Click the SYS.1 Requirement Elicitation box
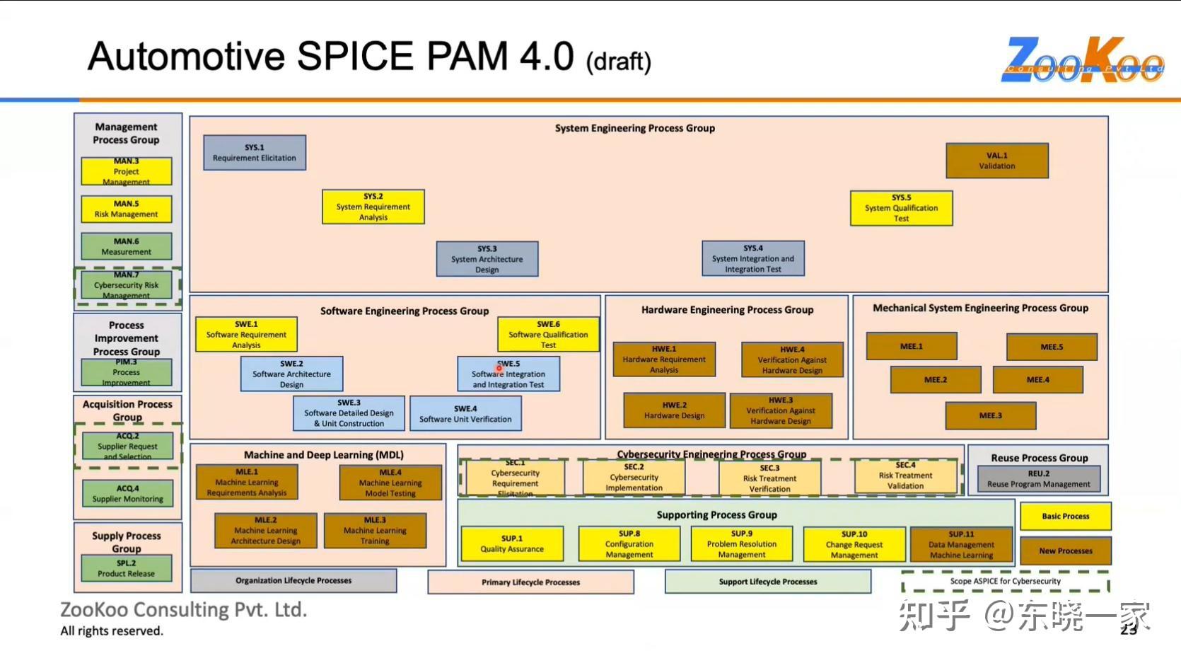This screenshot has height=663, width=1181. click(255, 153)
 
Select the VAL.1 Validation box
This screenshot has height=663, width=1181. click(997, 161)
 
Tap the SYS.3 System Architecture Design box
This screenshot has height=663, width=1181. click(487, 259)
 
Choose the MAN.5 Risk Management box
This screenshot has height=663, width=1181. click(127, 209)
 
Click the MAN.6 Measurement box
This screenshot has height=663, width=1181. click(127, 246)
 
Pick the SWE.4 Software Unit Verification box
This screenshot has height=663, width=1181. click(465, 414)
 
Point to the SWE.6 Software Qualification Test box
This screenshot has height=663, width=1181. click(548, 335)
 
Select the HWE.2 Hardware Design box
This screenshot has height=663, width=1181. click(674, 410)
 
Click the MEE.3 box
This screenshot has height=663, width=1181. click(990, 415)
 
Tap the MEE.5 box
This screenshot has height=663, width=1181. click(1052, 347)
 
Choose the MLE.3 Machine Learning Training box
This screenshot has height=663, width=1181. click(375, 531)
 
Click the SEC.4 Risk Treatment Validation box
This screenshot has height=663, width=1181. click(905, 475)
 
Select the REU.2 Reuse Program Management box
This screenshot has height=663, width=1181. click(1039, 479)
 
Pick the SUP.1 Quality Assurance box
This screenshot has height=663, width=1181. click(512, 543)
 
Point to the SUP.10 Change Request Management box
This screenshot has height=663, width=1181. click(854, 544)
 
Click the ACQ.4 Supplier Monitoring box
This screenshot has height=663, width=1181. click(128, 494)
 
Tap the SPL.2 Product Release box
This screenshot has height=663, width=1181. click(127, 568)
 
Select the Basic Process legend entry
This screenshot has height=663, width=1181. click(1065, 517)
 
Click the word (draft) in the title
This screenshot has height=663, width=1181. click(618, 62)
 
